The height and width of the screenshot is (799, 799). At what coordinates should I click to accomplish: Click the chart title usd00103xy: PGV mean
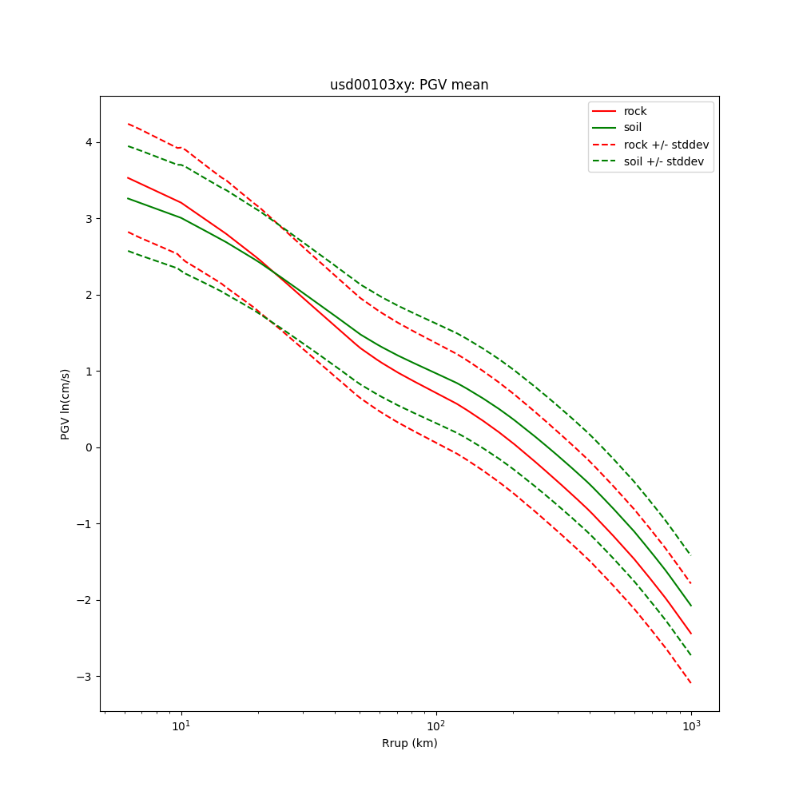click(x=409, y=85)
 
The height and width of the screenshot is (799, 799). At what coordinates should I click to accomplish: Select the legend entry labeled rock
click(x=635, y=111)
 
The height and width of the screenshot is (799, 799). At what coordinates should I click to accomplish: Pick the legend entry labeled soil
click(x=633, y=128)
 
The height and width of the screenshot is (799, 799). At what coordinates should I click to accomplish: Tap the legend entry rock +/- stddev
click(x=666, y=145)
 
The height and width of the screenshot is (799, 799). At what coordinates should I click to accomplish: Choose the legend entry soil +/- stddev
click(x=666, y=161)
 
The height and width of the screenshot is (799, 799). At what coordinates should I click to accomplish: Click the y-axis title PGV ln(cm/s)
click(x=66, y=404)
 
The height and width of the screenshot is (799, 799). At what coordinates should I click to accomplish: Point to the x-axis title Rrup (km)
click(x=409, y=743)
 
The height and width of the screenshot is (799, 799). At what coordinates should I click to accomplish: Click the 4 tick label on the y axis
click(x=89, y=142)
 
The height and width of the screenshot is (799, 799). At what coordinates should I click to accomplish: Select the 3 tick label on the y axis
click(x=89, y=219)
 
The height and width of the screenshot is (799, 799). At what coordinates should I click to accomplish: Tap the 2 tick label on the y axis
click(x=89, y=295)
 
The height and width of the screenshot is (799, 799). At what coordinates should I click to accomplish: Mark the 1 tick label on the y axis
click(x=89, y=372)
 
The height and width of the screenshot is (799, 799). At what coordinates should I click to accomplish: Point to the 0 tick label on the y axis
click(x=89, y=447)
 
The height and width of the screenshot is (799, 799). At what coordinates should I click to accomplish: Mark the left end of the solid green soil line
click(x=128, y=198)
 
